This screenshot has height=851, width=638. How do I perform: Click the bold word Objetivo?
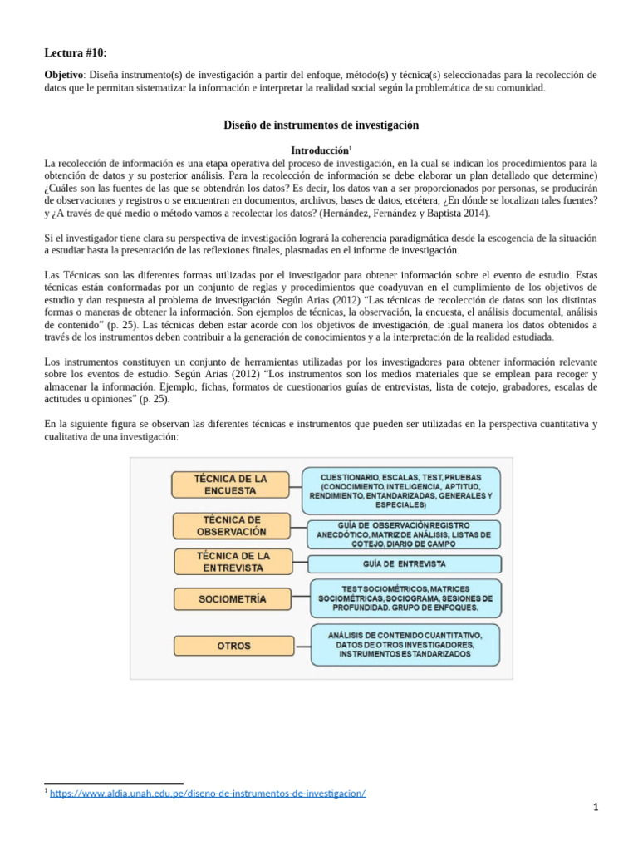pos(63,75)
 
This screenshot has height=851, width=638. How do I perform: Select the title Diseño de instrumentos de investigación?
pos(321,125)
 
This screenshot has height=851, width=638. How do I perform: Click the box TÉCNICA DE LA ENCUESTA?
pos(230,485)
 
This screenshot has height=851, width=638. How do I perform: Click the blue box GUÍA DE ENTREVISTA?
pos(405,563)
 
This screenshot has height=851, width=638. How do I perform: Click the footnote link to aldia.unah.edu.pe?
pos(208,793)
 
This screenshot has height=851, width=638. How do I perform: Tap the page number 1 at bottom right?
pos(596,808)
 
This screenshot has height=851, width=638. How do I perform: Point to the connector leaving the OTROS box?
pos(300,645)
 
